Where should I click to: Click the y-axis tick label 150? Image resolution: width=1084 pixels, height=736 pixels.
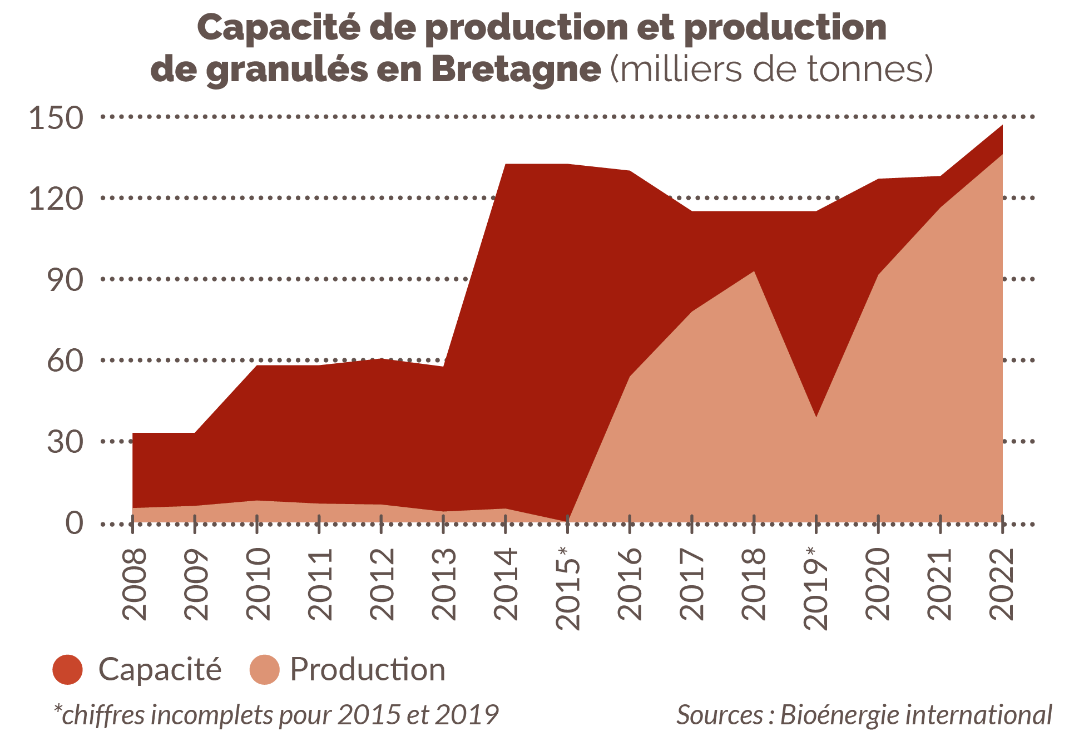[x=56, y=118]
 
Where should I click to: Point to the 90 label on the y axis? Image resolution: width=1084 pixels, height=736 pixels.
[x=65, y=280]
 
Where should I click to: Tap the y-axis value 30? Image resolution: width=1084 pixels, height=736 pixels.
[x=65, y=442]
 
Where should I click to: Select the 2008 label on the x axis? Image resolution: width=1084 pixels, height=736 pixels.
[x=134, y=584]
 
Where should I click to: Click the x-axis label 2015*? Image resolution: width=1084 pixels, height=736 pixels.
[x=568, y=588]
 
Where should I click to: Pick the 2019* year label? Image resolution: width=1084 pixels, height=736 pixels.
[x=816, y=588]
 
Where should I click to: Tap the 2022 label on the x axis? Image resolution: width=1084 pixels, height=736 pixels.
[x=1002, y=584]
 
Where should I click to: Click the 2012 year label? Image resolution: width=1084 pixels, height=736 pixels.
[x=382, y=584]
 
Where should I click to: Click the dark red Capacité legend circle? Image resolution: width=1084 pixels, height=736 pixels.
[x=68, y=669]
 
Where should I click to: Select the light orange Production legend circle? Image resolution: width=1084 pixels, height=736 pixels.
[x=264, y=669]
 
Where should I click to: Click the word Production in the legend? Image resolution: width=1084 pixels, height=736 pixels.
[x=368, y=669]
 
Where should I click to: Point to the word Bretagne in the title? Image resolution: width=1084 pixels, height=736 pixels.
[x=516, y=70]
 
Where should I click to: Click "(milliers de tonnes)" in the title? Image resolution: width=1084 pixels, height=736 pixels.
[x=771, y=70]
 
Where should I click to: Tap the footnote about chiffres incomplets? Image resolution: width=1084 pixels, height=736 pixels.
[x=276, y=715]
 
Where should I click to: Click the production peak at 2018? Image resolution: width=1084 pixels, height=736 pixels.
[x=754, y=272]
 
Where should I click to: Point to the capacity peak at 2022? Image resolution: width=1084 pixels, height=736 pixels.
[x=1002, y=126]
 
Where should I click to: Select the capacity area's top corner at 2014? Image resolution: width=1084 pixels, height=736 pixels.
[x=506, y=165]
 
